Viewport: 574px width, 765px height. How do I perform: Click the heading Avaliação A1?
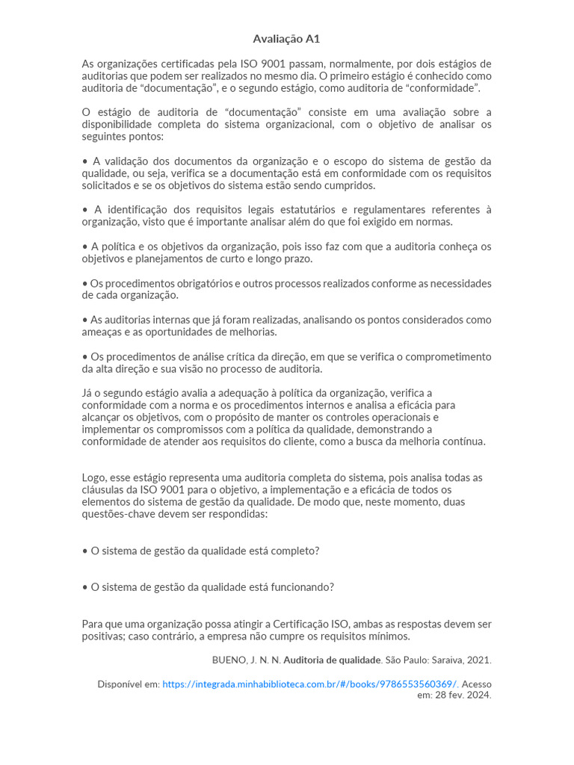[x=286, y=39]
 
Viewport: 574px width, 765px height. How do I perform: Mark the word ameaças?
[x=101, y=332]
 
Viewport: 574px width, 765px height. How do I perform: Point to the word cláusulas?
[x=103, y=490]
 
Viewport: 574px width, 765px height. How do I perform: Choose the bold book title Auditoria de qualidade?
[x=332, y=660]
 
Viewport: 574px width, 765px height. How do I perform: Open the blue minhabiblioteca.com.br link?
[x=310, y=684]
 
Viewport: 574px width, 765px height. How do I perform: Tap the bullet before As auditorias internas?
[x=84, y=320]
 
